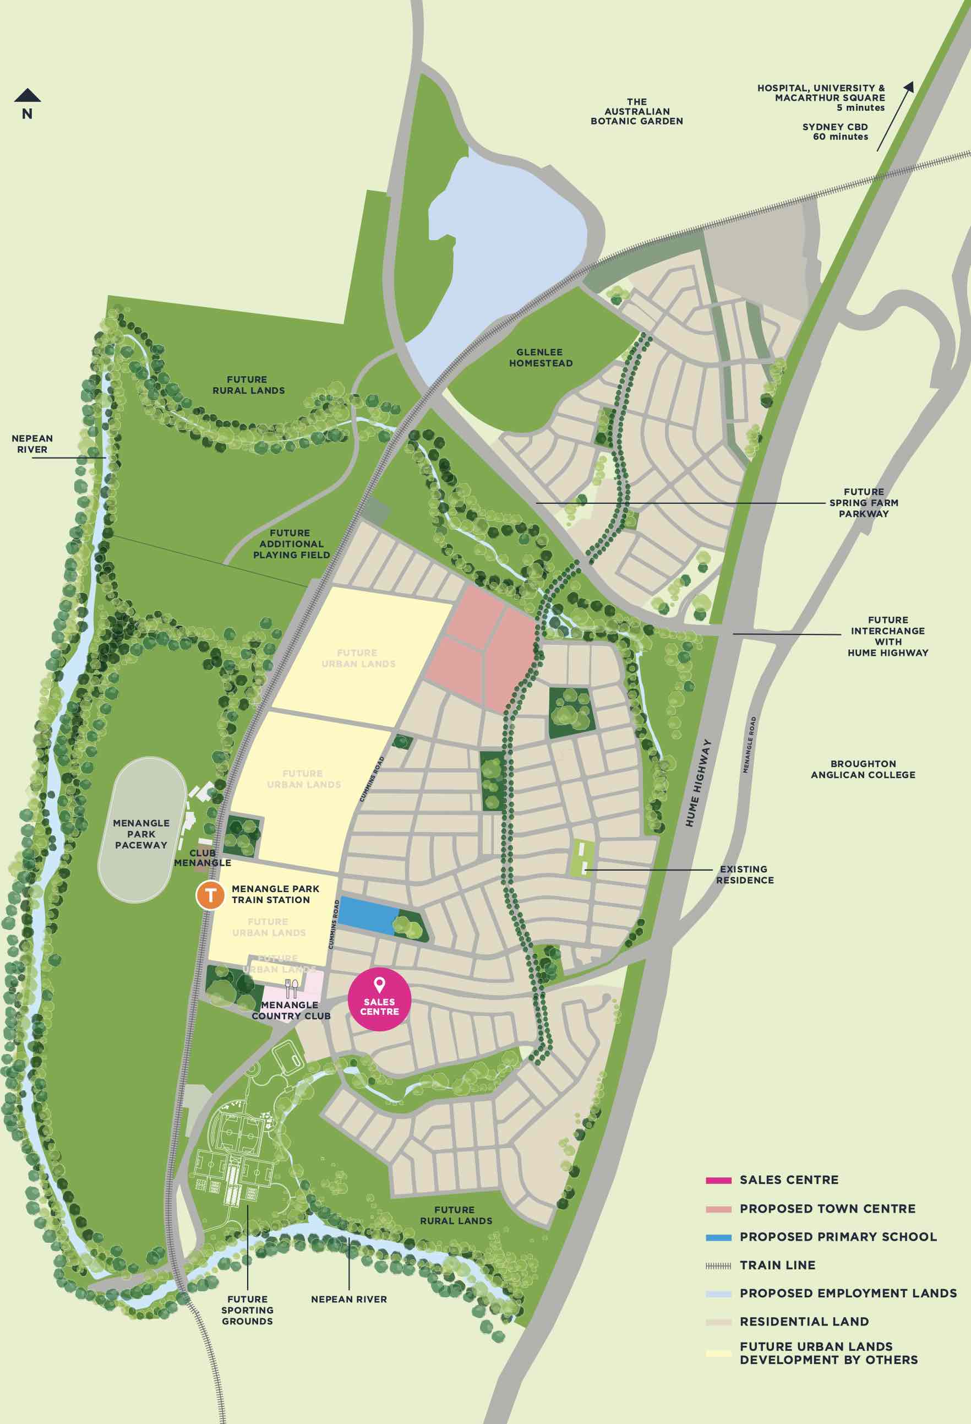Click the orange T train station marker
[210, 895]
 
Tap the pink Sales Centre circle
[379, 999]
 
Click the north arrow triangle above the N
[28, 96]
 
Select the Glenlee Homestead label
[541, 357]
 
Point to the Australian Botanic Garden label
[636, 112]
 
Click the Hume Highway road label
[699, 782]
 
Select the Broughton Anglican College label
[863, 769]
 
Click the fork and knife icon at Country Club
[291, 988]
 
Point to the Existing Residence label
[744, 874]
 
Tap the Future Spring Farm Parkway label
[863, 502]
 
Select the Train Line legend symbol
[718, 1265]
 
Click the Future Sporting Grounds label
[248, 1310]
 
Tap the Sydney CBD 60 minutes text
[835, 132]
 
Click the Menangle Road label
[749, 745]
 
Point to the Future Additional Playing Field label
[291, 544]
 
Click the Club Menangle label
[203, 858]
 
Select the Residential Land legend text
[804, 1322]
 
